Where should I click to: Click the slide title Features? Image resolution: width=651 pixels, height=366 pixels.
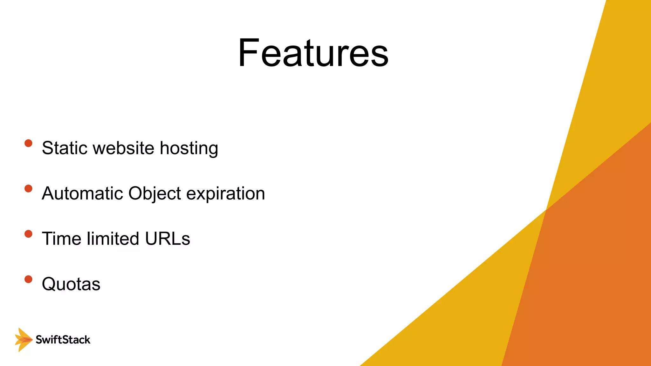point(313,53)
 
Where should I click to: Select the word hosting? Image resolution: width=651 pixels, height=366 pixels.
point(189,149)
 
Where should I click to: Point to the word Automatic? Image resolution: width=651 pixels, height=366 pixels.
point(82,193)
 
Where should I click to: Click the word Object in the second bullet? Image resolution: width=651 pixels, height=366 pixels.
point(154,194)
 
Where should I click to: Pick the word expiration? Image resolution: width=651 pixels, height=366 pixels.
point(225,194)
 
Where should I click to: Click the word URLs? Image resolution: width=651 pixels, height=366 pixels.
point(168,239)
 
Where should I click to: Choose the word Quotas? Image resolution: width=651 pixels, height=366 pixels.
point(71,284)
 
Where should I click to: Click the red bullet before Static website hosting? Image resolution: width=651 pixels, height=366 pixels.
point(28,143)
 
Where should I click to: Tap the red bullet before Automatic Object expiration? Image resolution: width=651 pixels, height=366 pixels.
point(28,189)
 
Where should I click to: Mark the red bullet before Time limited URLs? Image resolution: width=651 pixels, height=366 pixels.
point(28,234)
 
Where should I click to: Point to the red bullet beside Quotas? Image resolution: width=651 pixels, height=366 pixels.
point(28,279)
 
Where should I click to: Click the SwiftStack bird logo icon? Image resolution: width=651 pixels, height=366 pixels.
point(23,340)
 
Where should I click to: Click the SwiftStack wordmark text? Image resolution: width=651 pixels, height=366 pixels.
point(63,340)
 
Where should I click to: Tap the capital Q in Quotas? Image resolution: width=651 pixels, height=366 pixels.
point(50,284)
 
